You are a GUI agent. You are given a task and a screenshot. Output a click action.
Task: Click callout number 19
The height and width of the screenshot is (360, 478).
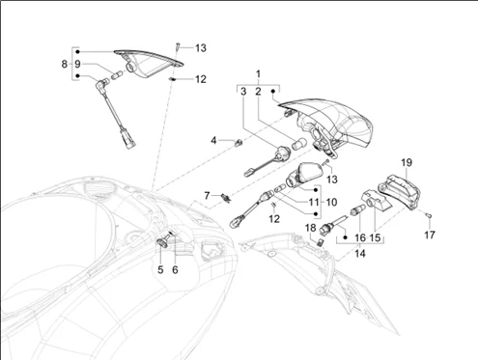tap(407, 163)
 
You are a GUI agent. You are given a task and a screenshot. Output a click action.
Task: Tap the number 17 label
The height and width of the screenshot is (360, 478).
tap(430, 235)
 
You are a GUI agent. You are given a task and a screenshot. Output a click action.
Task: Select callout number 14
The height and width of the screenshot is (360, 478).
tap(360, 254)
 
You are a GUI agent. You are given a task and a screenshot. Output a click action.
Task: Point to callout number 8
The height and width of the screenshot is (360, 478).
tap(65, 64)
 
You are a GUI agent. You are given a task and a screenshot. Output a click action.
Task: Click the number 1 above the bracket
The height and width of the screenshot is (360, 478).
tap(258, 74)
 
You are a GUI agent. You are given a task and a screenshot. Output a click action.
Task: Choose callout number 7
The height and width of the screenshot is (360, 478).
tap(207, 195)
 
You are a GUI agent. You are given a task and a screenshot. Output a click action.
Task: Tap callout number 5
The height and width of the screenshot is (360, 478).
tap(160, 270)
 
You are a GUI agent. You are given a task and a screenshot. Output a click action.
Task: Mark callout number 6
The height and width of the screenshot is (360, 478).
tap(175, 270)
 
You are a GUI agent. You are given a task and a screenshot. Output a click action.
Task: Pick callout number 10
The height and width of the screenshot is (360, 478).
tap(331, 203)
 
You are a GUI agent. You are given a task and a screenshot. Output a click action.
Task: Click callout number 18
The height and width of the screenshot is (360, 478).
tap(311, 228)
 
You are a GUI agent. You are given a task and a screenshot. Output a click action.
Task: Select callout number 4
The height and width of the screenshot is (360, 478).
tap(213, 141)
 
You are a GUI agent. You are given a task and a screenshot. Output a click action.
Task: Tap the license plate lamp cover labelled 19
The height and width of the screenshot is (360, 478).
tap(399, 191)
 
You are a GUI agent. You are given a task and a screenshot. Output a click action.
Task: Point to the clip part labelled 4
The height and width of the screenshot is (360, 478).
tap(239, 143)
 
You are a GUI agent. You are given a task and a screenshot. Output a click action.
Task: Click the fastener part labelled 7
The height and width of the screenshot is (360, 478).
tap(226, 198)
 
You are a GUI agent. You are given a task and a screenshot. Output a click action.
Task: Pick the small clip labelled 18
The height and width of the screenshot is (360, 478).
tap(321, 242)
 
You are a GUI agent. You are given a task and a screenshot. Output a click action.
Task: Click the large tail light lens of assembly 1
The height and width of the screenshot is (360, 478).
tap(335, 124)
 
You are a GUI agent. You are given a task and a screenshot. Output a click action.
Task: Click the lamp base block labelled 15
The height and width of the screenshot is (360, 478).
tap(376, 200)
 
